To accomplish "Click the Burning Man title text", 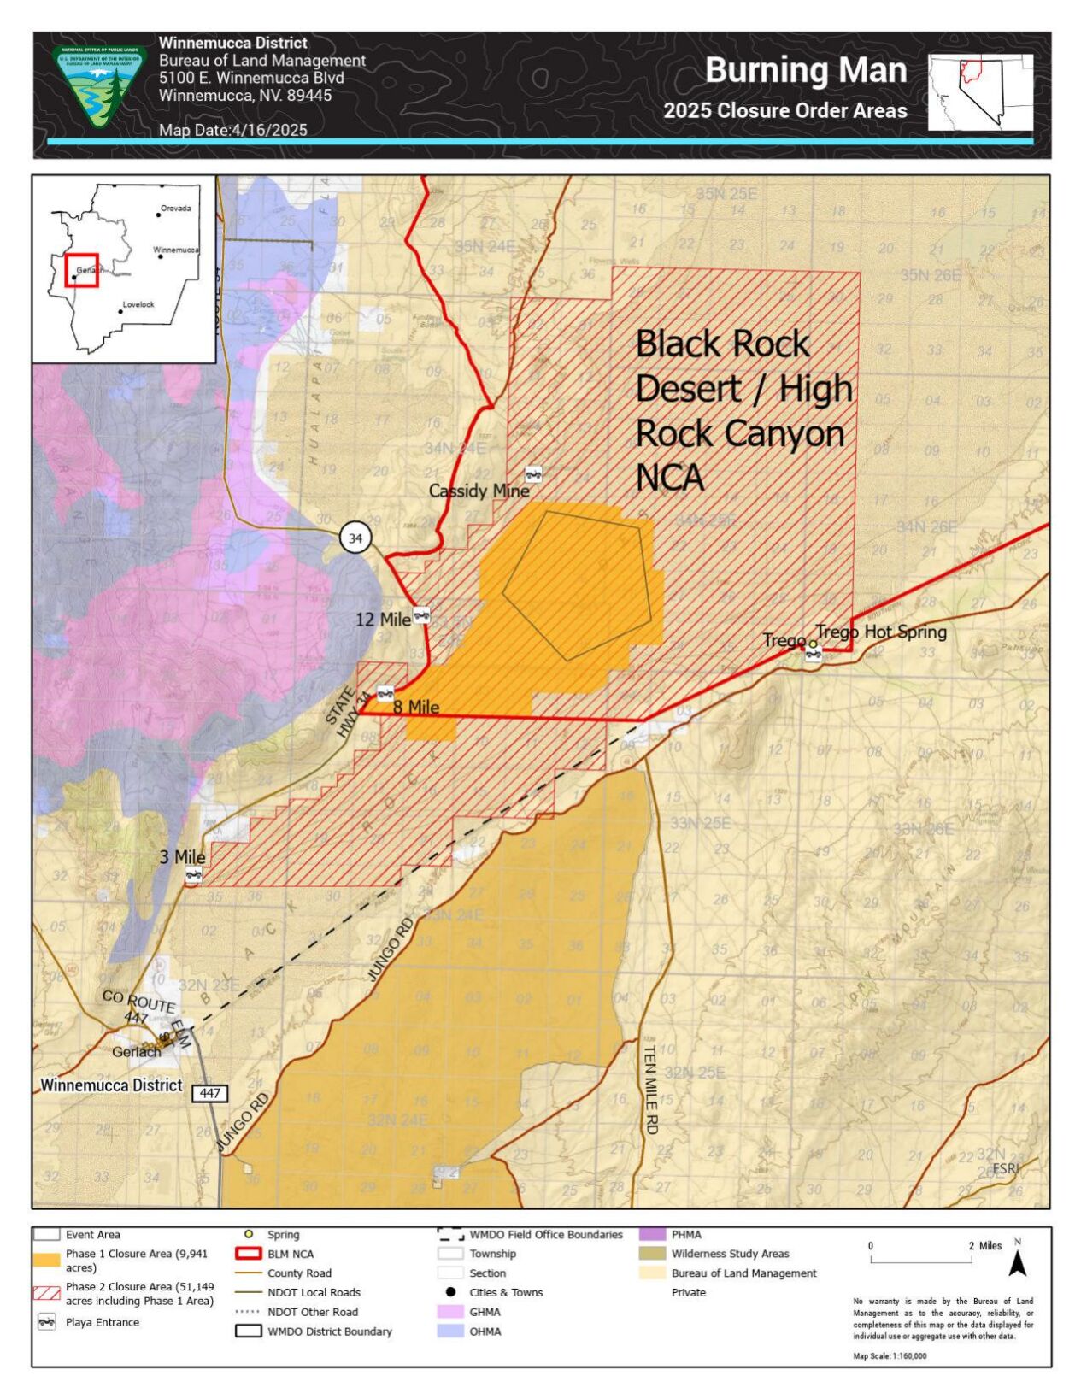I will (805, 70).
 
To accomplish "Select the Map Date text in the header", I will (232, 130).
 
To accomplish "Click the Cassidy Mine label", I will (479, 491).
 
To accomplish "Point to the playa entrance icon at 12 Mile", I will (421, 614).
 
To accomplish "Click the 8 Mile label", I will (416, 708).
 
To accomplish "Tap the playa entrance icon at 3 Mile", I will (194, 874).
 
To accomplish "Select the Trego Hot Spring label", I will (880, 632).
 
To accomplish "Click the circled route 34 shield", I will (355, 538).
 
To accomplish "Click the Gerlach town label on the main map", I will (137, 1052).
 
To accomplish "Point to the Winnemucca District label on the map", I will (111, 1085).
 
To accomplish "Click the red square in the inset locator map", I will (82, 270).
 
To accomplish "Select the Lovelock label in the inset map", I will (138, 304).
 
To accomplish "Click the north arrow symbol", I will (1017, 1260).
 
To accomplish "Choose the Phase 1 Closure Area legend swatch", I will (47, 1260).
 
